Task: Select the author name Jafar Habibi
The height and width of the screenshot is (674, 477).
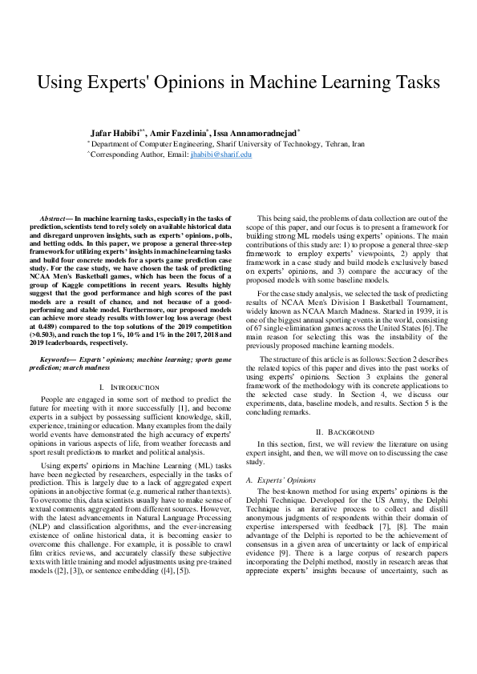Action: (x=115, y=131)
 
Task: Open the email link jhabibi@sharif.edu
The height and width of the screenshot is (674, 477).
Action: (x=220, y=154)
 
